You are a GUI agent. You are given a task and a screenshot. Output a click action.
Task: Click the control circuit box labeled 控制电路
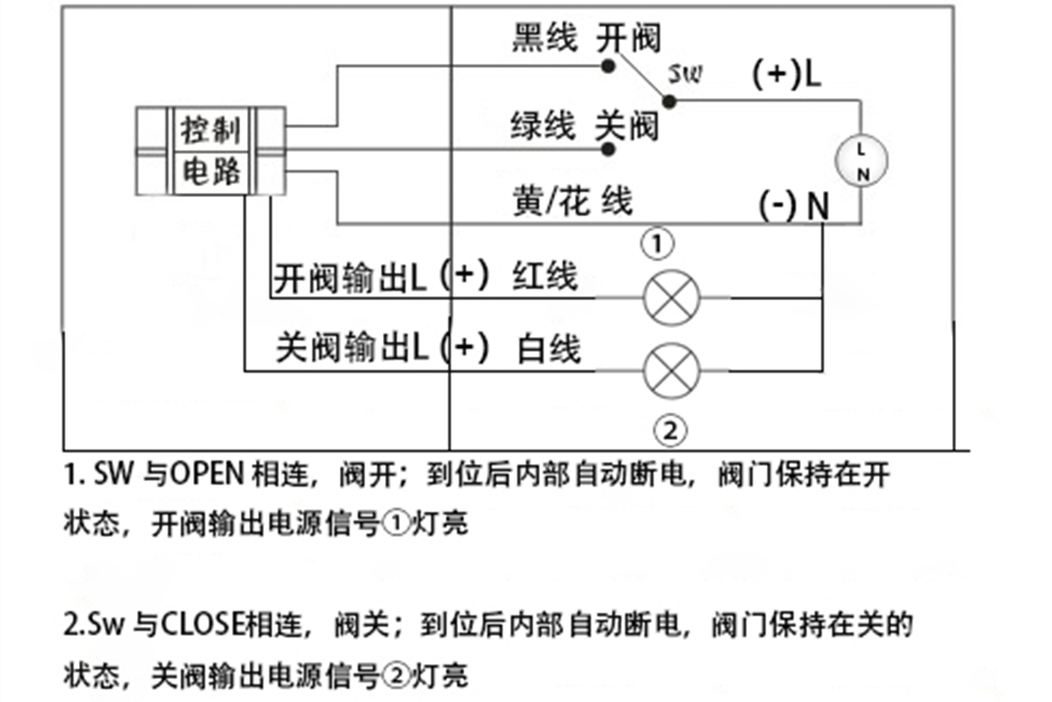(x=210, y=151)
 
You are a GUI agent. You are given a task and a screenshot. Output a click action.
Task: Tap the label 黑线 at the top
(x=544, y=37)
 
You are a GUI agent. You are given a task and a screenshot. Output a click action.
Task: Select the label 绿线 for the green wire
(x=543, y=126)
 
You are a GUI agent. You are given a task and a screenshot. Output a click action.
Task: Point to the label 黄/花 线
(x=572, y=201)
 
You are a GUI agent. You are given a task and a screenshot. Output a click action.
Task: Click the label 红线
(x=545, y=277)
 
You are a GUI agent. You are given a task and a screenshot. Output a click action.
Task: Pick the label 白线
(x=549, y=349)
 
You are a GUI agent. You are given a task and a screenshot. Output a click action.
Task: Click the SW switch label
(x=685, y=73)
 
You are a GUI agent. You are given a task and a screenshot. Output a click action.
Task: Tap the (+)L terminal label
(x=787, y=73)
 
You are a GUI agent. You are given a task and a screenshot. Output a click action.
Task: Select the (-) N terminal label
(x=794, y=205)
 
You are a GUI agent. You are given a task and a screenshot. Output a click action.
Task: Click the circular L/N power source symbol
(x=862, y=161)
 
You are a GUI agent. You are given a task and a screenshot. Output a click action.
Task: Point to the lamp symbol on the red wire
(x=671, y=298)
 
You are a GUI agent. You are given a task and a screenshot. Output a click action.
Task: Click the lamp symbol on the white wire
(x=671, y=371)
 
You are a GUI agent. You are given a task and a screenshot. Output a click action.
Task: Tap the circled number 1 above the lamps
(x=657, y=244)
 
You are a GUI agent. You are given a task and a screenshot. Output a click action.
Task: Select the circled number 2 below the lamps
(x=670, y=430)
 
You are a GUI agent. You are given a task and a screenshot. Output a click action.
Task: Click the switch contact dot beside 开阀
(x=608, y=66)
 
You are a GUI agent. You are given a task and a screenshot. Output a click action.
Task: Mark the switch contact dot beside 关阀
(x=608, y=150)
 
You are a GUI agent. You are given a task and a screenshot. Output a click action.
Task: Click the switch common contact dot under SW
(x=668, y=101)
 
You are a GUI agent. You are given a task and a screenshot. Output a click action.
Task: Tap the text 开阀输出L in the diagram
(x=349, y=278)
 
